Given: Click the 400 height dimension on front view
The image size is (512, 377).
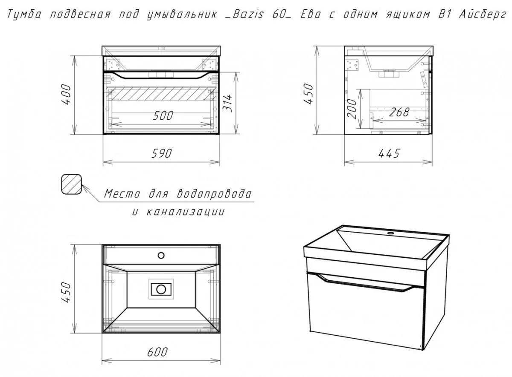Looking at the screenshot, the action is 67,95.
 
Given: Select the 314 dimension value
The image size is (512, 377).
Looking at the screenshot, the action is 227,103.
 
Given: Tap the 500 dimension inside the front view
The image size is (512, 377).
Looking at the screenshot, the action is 163,116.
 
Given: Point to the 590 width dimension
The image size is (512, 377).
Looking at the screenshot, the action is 161,153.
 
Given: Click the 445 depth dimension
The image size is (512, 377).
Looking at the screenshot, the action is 389,153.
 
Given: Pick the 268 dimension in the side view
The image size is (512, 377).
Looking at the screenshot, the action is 399,112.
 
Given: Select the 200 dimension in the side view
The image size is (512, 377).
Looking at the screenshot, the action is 352,109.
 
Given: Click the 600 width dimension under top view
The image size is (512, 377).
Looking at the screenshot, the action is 157,352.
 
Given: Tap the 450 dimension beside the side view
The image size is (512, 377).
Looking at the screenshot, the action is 308,94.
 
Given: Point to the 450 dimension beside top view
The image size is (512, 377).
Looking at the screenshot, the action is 67,292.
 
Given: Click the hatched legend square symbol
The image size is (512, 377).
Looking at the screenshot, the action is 72,184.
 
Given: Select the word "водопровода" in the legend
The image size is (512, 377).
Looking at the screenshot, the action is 214,194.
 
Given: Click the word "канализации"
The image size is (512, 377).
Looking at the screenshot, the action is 185,212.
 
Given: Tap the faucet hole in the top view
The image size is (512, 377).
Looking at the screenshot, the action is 161,255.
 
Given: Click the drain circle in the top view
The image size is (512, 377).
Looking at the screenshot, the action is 161,289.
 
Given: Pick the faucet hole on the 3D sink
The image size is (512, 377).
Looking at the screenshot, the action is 391,233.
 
